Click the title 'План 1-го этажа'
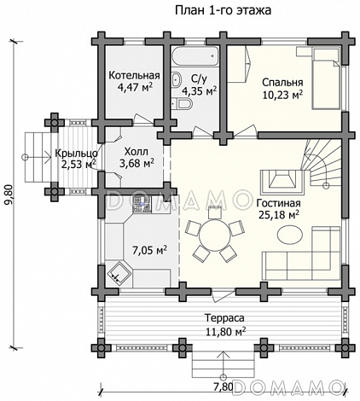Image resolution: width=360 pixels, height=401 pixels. coord(223,10)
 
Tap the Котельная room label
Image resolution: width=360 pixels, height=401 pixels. coord(134,75)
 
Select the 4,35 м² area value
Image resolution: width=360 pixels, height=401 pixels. coord(200,91)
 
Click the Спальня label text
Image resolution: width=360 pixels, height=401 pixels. coord(282,83)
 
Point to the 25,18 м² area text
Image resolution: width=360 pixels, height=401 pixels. coord(279,215)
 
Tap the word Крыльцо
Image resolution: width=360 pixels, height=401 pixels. coord(76,154)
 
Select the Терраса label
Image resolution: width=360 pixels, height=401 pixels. coord(224,318)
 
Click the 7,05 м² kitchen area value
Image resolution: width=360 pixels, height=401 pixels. coord(149,250)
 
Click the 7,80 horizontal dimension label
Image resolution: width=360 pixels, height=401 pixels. coord(224,386)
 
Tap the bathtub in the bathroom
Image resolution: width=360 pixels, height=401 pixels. coord(195,57)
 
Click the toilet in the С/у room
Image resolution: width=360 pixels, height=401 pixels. coord(183,103)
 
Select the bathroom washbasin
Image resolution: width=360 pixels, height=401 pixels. coord(177,79)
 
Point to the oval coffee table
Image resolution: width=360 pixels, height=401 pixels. coord(290,235)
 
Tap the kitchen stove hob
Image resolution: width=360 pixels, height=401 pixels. coord(142,205)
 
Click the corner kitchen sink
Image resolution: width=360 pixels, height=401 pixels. coord(119,272)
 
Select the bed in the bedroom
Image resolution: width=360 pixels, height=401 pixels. coord(326,78)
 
